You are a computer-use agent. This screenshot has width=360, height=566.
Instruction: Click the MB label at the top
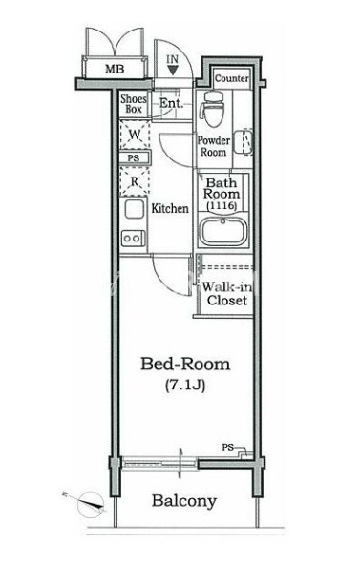(x=115, y=69)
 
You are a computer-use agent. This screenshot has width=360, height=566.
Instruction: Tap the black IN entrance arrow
(x=173, y=71)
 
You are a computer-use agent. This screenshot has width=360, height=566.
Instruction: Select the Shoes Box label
(x=134, y=104)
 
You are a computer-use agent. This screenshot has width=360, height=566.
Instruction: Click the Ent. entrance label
(x=171, y=104)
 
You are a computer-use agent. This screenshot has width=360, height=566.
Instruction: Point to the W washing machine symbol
(x=135, y=135)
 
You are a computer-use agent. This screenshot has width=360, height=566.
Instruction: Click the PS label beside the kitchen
(x=134, y=158)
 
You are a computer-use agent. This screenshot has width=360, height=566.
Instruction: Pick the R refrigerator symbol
(x=135, y=181)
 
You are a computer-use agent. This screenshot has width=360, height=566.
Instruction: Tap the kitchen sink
(x=135, y=209)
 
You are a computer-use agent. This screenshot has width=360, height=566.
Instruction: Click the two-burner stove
(x=133, y=238)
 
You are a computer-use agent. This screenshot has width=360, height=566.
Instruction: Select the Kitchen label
(x=170, y=208)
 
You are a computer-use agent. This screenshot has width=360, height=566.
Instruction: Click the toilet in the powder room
(x=213, y=109)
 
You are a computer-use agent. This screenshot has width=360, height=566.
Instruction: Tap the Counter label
(x=232, y=78)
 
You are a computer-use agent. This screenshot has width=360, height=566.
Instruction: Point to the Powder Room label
(x=213, y=146)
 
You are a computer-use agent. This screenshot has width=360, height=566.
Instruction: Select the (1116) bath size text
(x=222, y=206)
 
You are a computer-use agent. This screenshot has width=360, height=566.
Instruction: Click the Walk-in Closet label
(x=227, y=294)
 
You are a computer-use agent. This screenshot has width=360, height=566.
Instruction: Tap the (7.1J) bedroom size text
(x=185, y=386)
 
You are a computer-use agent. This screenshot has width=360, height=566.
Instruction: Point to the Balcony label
(x=184, y=501)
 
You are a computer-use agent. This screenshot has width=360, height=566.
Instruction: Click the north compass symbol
(x=90, y=503)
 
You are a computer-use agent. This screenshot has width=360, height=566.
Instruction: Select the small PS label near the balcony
(x=227, y=448)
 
